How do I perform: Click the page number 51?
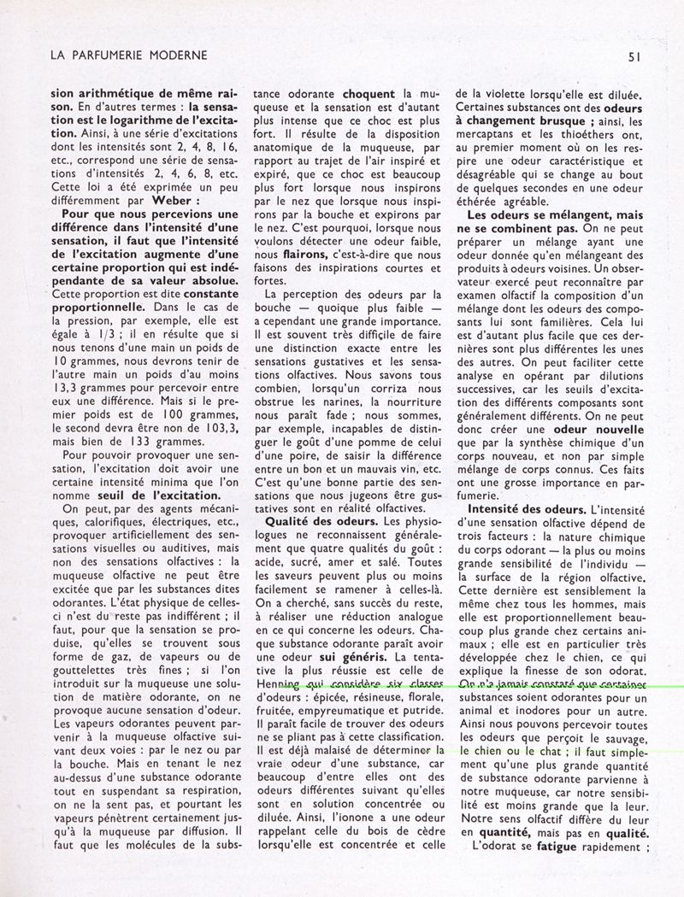634,56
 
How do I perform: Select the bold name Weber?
177,201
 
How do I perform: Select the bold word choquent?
369,93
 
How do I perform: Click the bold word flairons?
285,254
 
